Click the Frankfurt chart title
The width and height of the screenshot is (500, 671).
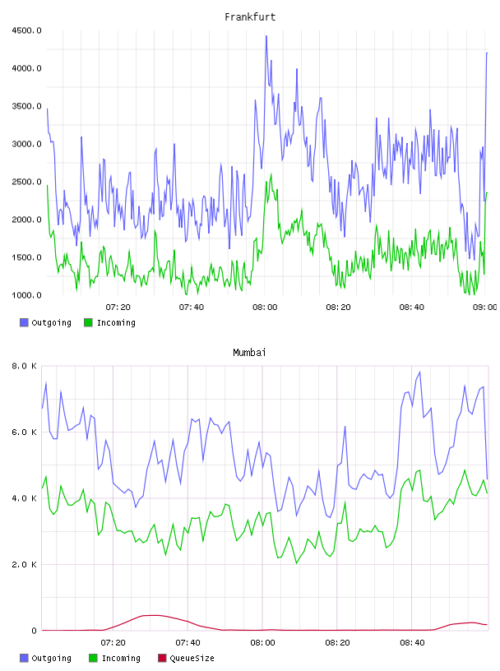point(250,17)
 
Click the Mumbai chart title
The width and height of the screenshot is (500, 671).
point(249,353)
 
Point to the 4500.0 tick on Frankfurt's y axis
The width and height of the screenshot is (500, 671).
point(26,30)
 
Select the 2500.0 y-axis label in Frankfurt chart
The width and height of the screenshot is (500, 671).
point(26,182)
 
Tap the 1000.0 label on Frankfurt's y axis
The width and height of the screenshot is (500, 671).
point(26,295)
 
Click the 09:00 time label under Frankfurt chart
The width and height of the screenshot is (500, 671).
point(484,308)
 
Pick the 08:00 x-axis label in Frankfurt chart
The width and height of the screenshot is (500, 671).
point(265,308)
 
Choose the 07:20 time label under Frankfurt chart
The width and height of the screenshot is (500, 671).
point(118,308)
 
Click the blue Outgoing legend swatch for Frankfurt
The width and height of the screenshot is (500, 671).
point(24,322)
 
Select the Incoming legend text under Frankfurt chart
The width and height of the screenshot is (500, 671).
point(116,322)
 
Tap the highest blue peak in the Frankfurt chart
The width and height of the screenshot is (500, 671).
point(266,36)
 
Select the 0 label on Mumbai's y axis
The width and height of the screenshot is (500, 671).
point(35,631)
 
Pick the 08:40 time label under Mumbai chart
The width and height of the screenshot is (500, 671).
point(412,643)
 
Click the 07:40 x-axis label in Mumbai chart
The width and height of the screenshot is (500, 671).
point(187,643)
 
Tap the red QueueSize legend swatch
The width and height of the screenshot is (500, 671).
point(162,658)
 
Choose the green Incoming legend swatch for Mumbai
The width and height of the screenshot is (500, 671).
point(93,658)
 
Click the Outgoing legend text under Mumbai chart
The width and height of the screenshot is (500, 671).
point(51,658)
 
